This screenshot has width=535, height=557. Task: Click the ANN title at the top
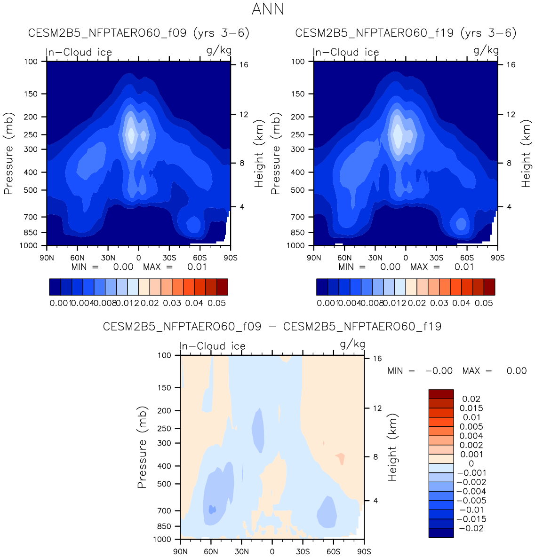[x=268, y=9]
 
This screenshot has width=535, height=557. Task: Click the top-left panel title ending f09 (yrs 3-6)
[x=139, y=33]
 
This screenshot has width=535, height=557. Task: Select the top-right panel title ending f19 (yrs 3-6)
[x=406, y=33]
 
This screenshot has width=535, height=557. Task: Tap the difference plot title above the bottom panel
[x=272, y=326]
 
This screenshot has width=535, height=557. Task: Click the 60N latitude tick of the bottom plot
[x=211, y=551]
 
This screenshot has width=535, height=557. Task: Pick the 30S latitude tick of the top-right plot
[x=436, y=258]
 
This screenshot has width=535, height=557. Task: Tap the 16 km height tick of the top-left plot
[x=243, y=65]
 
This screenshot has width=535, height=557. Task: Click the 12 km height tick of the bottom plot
[x=377, y=408]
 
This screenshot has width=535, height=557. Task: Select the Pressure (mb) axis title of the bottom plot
[x=142, y=447]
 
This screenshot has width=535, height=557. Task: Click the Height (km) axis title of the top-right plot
[x=526, y=153]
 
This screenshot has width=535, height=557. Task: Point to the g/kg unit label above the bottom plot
[x=352, y=345]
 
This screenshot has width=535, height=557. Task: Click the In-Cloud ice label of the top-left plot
[x=79, y=52]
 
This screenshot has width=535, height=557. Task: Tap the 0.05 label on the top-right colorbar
[x=484, y=303]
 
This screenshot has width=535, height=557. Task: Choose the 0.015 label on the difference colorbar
[x=471, y=408]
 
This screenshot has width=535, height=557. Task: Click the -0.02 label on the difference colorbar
[x=471, y=528]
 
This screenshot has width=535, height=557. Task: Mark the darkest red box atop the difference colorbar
[x=441, y=394]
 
